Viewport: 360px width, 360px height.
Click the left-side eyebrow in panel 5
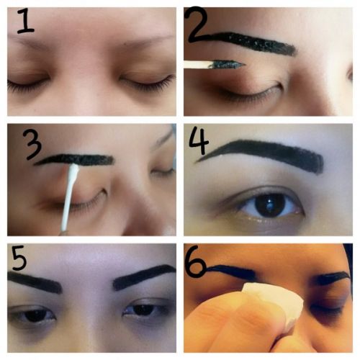36,282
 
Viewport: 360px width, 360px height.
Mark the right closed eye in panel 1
148,83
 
